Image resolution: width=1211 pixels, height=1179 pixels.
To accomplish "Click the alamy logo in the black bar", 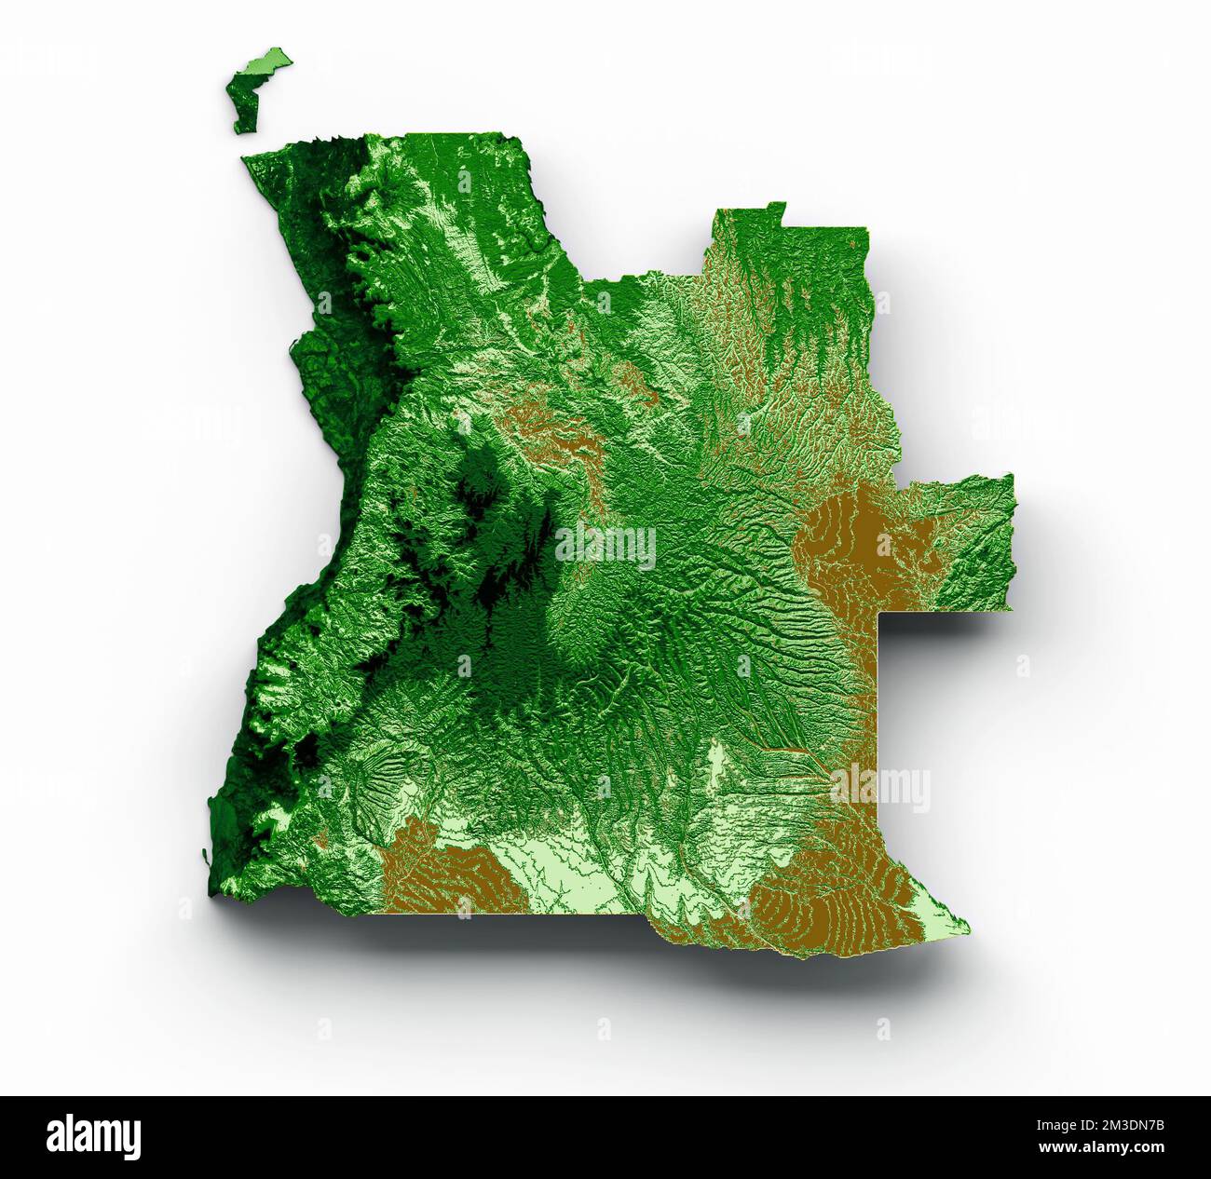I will pos(93,1137).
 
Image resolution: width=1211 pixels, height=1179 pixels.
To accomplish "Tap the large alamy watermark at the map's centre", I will pos(605,546).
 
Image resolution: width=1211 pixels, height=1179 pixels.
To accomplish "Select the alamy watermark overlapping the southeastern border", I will pos(880,789).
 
